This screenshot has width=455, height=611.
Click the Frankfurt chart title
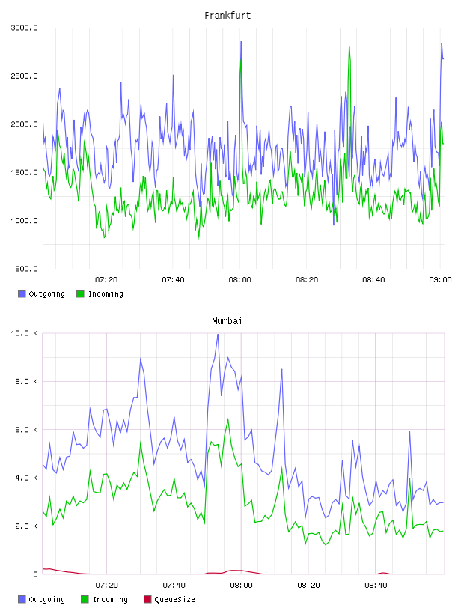(227, 16)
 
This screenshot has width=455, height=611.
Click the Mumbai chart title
(227, 321)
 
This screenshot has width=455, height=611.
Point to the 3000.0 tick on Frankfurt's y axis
(24, 28)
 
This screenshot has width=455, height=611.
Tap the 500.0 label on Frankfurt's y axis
(26, 269)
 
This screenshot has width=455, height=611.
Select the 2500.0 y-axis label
(24, 76)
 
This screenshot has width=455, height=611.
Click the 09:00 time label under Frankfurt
(440, 280)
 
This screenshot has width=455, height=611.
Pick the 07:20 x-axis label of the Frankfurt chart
(106, 280)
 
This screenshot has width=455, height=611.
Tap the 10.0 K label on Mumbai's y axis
(24, 333)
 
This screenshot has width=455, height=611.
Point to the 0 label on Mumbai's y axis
(35, 574)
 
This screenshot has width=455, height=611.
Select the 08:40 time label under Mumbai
(376, 586)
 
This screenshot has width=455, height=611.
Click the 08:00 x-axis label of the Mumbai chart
(241, 586)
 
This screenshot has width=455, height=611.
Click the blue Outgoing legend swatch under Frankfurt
(22, 294)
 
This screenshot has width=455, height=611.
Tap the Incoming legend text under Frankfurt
(106, 294)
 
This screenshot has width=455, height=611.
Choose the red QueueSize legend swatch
(147, 599)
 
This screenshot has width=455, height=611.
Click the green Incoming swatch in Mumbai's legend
(85, 599)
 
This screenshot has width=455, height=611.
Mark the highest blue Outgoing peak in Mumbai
(218, 334)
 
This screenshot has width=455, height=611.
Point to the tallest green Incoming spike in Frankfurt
(349, 47)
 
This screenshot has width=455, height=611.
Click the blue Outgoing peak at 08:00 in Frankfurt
(241, 42)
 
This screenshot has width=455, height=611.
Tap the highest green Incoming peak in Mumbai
(228, 419)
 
